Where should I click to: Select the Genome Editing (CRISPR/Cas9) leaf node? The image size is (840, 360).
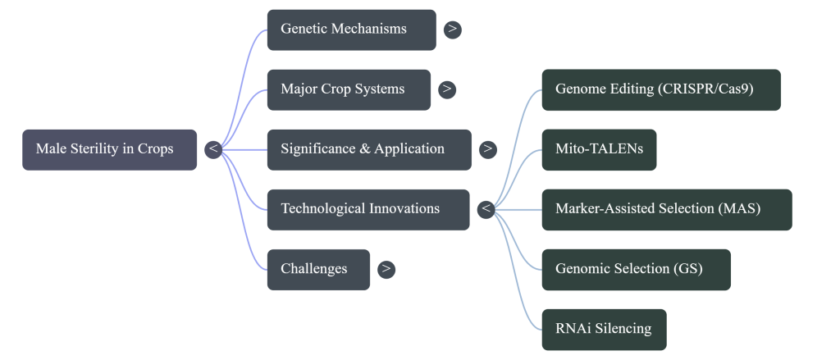click(661, 89)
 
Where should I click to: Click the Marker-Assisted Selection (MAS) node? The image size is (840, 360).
click(667, 209)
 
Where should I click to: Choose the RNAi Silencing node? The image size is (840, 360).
click(604, 329)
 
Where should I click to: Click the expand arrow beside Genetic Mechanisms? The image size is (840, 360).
click(452, 30)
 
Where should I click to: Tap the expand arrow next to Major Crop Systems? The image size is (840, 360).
click(447, 89)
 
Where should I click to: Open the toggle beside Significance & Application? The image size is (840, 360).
click(488, 149)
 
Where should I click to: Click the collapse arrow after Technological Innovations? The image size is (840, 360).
click(486, 209)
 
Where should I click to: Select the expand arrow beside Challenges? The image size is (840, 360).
click(386, 269)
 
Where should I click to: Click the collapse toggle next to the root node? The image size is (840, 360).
click(213, 149)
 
